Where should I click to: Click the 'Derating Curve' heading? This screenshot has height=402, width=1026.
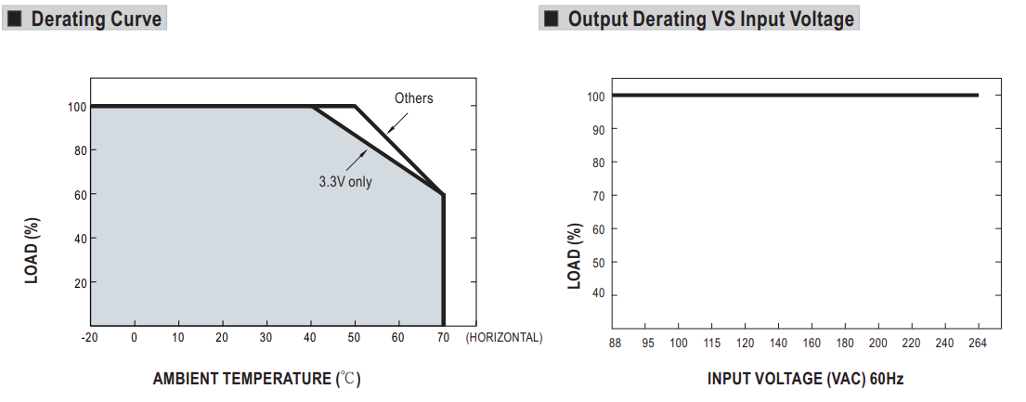(96, 19)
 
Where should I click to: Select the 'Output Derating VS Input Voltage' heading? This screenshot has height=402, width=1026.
(710, 19)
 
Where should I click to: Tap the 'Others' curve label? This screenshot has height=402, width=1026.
(413, 98)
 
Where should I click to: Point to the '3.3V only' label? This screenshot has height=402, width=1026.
(345, 182)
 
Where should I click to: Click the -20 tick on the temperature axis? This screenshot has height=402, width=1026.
(90, 338)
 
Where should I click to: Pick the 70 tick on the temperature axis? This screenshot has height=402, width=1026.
(443, 338)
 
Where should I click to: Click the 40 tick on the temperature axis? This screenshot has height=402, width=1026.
(310, 338)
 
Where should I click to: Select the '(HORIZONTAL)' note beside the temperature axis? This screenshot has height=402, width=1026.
(504, 338)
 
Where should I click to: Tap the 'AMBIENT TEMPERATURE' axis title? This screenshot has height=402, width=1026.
(243, 379)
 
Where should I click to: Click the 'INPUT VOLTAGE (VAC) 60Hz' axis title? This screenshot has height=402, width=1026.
(805, 379)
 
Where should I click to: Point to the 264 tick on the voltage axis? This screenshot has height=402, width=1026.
(978, 344)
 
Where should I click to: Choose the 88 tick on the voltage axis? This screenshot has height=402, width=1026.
(615, 344)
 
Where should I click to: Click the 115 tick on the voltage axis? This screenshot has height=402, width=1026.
(711, 344)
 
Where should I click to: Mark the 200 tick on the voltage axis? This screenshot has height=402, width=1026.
(877, 344)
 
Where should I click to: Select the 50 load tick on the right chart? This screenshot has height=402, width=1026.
(598, 262)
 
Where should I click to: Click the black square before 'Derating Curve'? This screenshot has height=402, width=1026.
(15, 19)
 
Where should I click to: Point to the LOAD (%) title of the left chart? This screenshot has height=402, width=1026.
(32, 250)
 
